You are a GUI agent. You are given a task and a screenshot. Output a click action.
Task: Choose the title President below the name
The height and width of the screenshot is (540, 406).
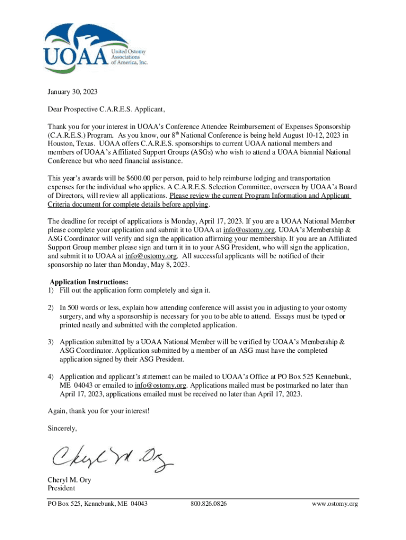61,488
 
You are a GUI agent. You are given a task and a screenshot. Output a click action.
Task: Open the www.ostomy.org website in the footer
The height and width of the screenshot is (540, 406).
335,504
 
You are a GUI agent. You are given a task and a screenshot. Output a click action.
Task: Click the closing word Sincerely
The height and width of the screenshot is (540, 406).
62,428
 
